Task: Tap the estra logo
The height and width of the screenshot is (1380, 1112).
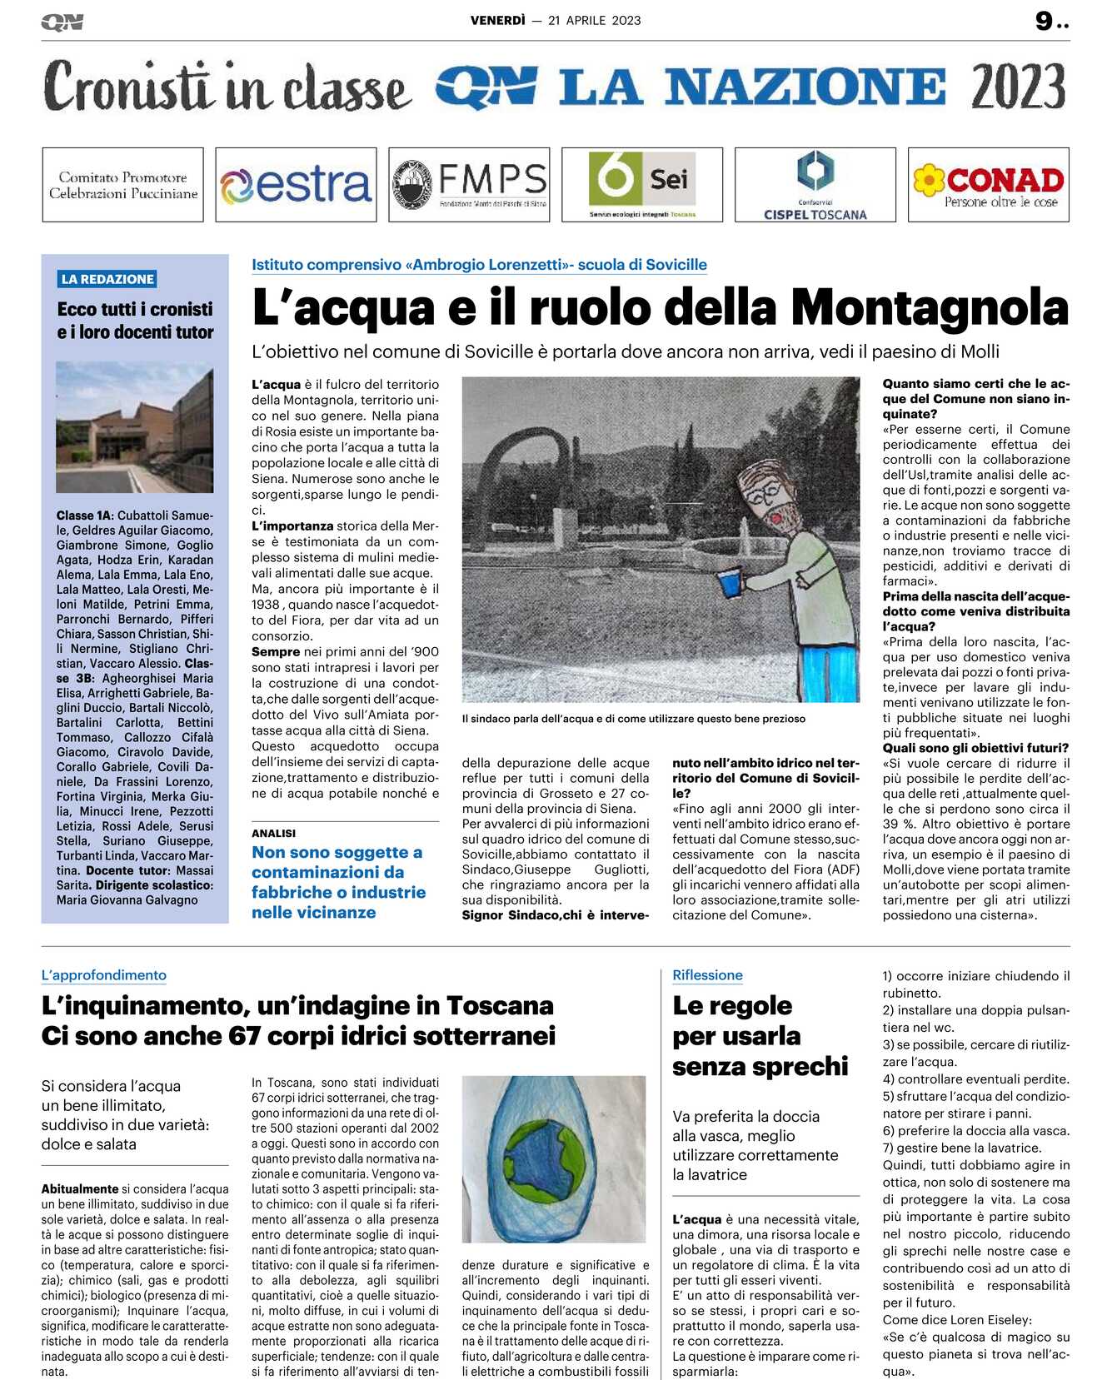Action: click(296, 185)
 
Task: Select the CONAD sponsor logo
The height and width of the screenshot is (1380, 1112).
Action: click(988, 185)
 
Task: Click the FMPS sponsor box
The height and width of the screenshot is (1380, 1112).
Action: click(469, 185)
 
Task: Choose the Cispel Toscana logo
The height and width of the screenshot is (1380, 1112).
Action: click(815, 185)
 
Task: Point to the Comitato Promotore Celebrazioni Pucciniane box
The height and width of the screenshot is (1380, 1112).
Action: click(123, 185)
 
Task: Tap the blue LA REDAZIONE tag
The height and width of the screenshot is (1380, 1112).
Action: click(107, 279)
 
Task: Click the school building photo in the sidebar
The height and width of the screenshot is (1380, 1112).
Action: click(134, 426)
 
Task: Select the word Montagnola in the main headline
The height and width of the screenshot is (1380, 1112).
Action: click(929, 307)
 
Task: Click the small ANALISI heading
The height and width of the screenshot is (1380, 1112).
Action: click(274, 833)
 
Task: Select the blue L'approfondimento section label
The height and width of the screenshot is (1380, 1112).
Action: click(104, 975)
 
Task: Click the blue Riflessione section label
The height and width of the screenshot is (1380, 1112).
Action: click(707, 975)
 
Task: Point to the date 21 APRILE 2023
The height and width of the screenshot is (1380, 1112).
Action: click(594, 21)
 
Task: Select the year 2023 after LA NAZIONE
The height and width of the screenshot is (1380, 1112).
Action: click(1018, 87)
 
